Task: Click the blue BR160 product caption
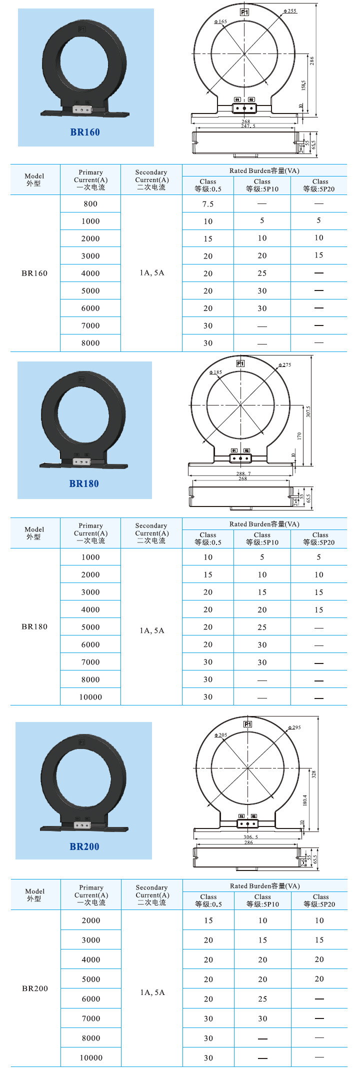pyautogui.click(x=85, y=132)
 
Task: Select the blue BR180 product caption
pyautogui.click(x=84, y=484)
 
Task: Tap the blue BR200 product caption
pyautogui.click(x=84, y=846)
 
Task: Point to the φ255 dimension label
pyautogui.click(x=290, y=11)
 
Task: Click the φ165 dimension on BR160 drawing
pyautogui.click(x=220, y=22)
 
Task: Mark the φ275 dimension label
pyautogui.click(x=285, y=365)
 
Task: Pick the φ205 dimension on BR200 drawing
pyautogui.click(x=221, y=735)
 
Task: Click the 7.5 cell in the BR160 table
pyautogui.click(x=208, y=204)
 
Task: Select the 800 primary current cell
pyautogui.click(x=90, y=204)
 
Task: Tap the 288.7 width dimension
pyautogui.click(x=243, y=473)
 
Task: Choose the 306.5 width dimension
pyautogui.click(x=250, y=836)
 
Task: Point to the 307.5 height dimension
pyautogui.click(x=308, y=411)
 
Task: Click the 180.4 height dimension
pyautogui.click(x=305, y=800)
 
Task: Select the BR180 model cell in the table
pyautogui.click(x=34, y=626)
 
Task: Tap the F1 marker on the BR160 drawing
pyautogui.click(x=244, y=12)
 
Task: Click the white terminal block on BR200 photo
pyautogui.click(x=82, y=825)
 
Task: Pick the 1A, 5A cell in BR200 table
pyautogui.click(x=152, y=992)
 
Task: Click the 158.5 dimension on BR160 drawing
pyautogui.click(x=303, y=85)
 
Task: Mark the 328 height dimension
pyautogui.click(x=314, y=774)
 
